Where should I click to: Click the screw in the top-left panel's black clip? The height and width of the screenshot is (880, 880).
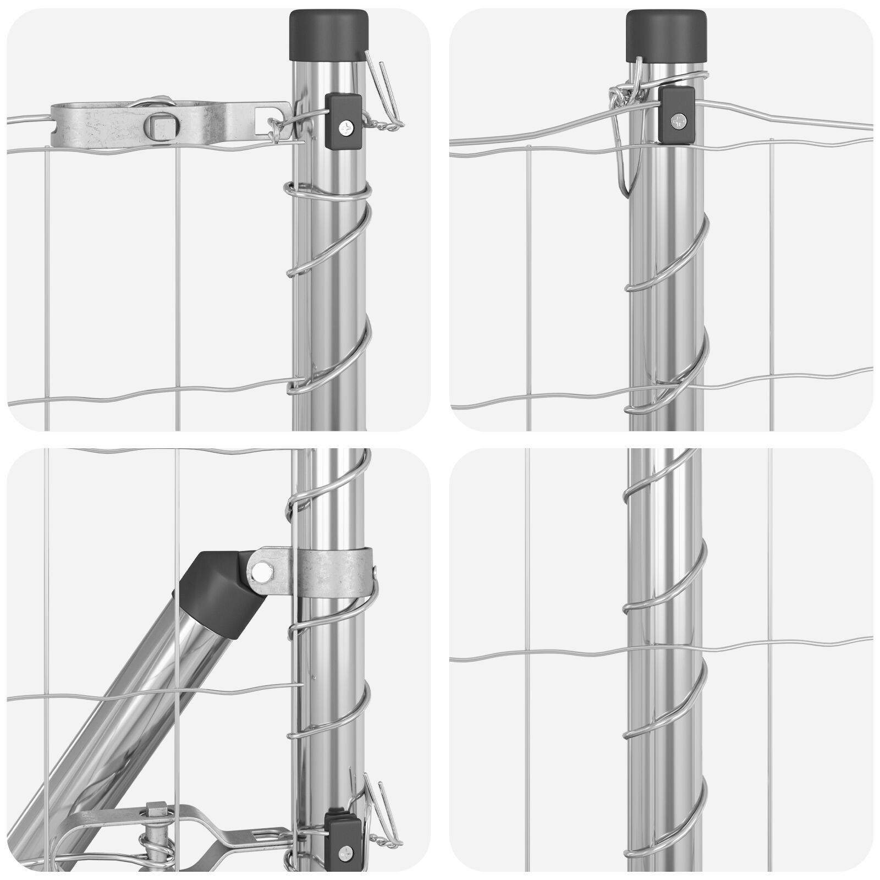(346, 128)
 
